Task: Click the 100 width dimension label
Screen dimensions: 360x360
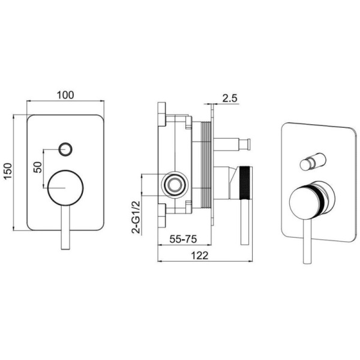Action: click(x=65, y=95)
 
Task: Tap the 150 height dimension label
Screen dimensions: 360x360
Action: click(x=8, y=171)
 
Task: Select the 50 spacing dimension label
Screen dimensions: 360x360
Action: click(x=38, y=167)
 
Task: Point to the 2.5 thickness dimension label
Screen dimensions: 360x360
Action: click(x=229, y=98)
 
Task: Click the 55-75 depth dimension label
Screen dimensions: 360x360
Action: click(x=183, y=239)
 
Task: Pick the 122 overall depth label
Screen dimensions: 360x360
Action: click(x=200, y=256)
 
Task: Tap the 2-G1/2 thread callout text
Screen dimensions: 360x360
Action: click(x=136, y=217)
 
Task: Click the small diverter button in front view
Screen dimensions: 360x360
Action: click(x=65, y=149)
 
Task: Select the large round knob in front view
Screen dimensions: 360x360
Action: click(x=65, y=188)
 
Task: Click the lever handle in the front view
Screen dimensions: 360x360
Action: click(x=65, y=227)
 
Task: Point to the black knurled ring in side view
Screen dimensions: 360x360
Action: click(x=246, y=183)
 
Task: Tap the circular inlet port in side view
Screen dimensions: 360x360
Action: click(x=175, y=185)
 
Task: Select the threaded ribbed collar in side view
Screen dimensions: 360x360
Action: click(x=206, y=165)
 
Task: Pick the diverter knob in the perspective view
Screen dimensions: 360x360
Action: click(x=313, y=161)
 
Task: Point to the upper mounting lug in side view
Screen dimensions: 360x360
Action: click(x=161, y=114)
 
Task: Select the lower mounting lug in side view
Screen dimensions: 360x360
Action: click(x=161, y=216)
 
